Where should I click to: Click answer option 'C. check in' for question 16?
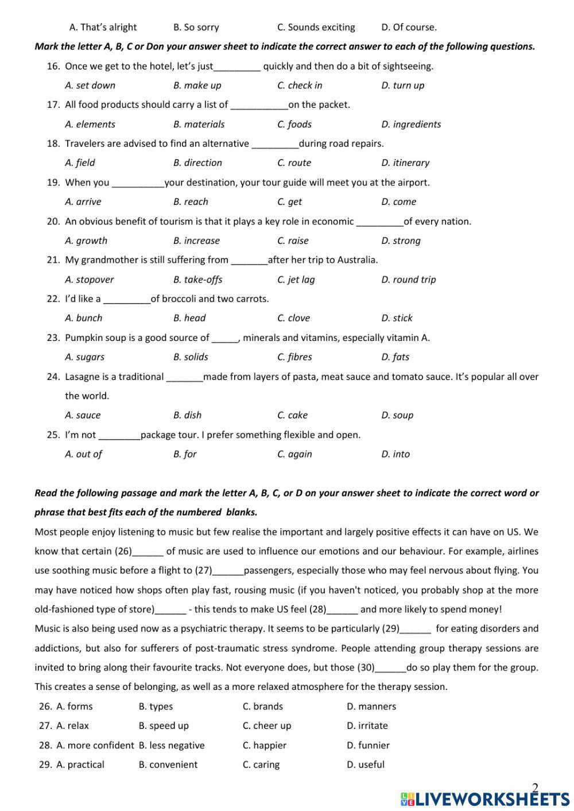(x=300, y=86)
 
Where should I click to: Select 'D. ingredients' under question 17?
(x=411, y=125)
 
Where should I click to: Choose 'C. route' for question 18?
(x=294, y=163)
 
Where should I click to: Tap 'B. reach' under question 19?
(x=191, y=202)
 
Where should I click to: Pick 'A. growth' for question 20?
(x=86, y=241)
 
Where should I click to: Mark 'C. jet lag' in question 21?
(x=296, y=280)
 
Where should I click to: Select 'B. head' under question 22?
(x=189, y=319)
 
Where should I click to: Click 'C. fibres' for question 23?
(x=294, y=357)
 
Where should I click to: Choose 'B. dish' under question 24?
(x=187, y=416)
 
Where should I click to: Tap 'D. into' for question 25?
(x=395, y=455)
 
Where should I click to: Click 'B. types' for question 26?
(x=156, y=707)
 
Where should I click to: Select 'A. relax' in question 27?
(x=72, y=726)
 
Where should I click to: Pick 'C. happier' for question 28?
(x=264, y=746)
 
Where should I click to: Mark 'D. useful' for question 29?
(x=366, y=765)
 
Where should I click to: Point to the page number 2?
(x=535, y=787)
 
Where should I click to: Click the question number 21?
(x=53, y=260)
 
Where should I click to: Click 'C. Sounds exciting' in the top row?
(x=316, y=28)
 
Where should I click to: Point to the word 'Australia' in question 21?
(x=356, y=260)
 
